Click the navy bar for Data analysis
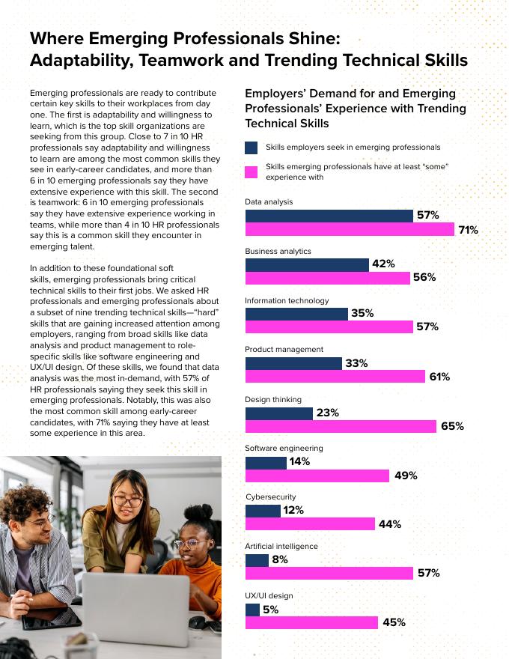(x=329, y=216)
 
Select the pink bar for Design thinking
(x=341, y=426)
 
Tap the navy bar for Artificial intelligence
(x=257, y=560)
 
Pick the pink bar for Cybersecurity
(x=310, y=524)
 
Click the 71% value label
(x=468, y=230)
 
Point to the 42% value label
(x=383, y=264)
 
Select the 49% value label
(x=405, y=476)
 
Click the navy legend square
(x=252, y=148)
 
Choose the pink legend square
(x=252, y=171)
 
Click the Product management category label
(x=284, y=350)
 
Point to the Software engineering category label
(x=284, y=448)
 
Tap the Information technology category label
(x=287, y=300)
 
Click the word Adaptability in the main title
(x=79, y=61)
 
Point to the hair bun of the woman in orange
(x=203, y=513)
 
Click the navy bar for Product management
(x=293, y=363)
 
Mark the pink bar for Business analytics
(x=327, y=278)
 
